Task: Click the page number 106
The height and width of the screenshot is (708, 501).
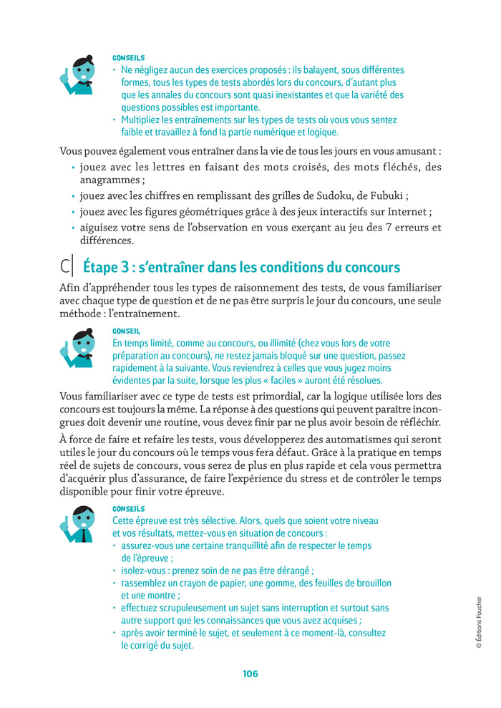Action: pyautogui.click(x=250, y=674)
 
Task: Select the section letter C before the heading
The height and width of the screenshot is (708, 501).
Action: pyautogui.click(x=65, y=267)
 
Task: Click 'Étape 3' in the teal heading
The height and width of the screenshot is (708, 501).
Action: pyautogui.click(x=107, y=267)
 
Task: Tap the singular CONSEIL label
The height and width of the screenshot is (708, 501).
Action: pyautogui.click(x=127, y=331)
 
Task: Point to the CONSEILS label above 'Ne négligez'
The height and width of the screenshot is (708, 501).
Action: pyautogui.click(x=129, y=58)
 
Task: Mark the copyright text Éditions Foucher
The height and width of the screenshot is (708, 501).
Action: pyautogui.click(x=479, y=623)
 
